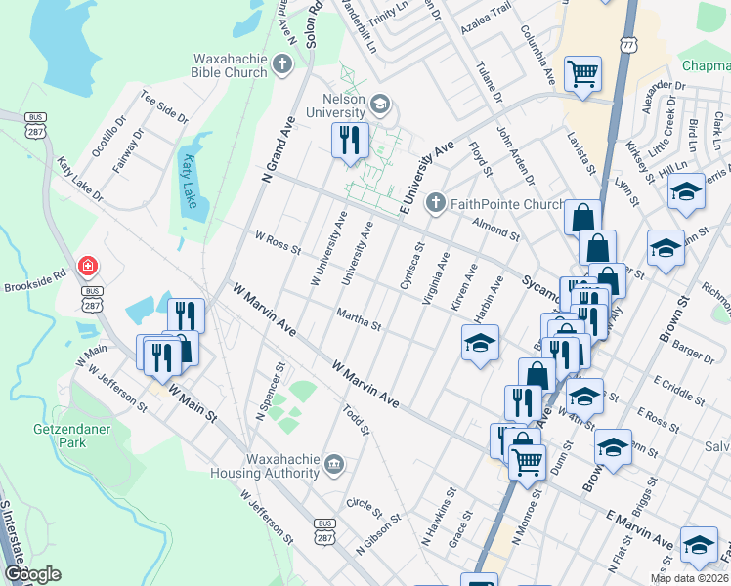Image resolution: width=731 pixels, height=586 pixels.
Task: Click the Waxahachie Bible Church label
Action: [217, 65]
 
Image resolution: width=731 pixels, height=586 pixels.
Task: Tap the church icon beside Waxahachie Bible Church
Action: [282, 65]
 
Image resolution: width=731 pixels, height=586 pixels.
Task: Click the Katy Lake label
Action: [188, 178]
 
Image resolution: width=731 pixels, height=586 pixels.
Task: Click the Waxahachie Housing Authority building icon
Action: [333, 462]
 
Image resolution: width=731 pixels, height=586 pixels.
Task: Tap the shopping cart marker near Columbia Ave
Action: [582, 72]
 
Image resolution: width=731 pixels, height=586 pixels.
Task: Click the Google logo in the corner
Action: [32, 574]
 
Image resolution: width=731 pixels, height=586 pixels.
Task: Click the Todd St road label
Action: [356, 420]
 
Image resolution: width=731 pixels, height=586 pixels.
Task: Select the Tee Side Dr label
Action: [164, 107]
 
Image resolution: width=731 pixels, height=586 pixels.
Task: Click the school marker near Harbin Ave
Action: [480, 342]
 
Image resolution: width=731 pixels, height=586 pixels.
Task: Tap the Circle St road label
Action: [364, 507]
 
